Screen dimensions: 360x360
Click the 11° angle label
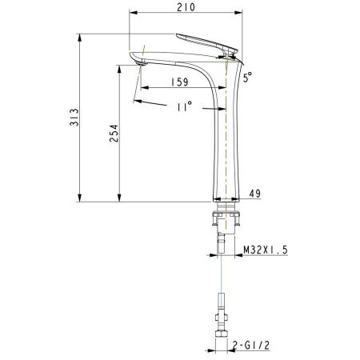point(184,106)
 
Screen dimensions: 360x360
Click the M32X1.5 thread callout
point(266,249)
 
